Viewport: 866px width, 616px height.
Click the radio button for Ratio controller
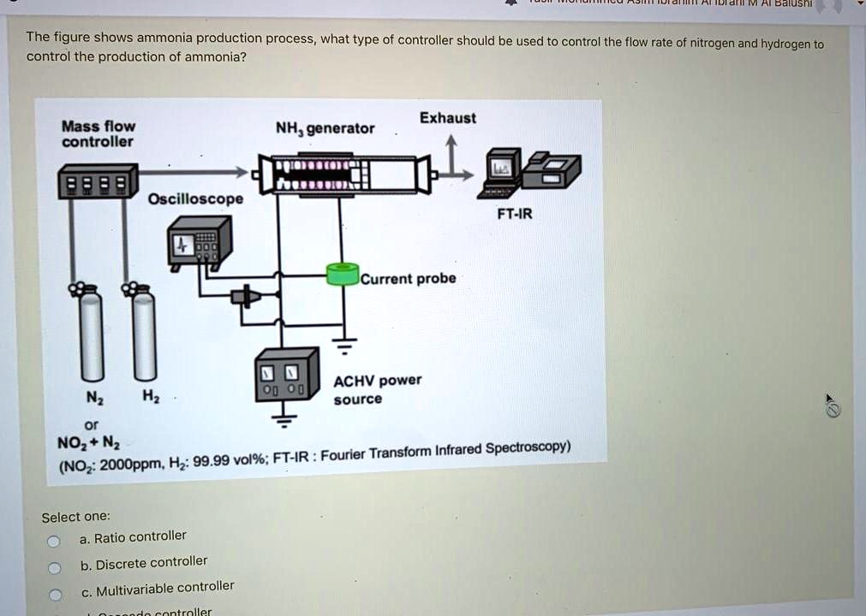pos(53,541)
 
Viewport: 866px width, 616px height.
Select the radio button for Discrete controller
pos(54,567)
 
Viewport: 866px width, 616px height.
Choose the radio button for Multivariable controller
pos(54,595)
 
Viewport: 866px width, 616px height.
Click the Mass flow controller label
pos(98,133)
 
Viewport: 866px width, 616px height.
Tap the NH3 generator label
pos(325,129)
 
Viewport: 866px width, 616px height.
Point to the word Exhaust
pos(448,118)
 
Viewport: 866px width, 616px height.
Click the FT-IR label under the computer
pos(514,214)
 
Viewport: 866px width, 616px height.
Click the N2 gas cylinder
pos(91,334)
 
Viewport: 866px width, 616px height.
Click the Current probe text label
pos(409,278)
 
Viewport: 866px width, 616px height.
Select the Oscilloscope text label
pos(195,199)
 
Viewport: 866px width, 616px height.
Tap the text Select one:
pos(75,517)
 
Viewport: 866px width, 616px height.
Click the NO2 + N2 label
pos(89,443)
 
